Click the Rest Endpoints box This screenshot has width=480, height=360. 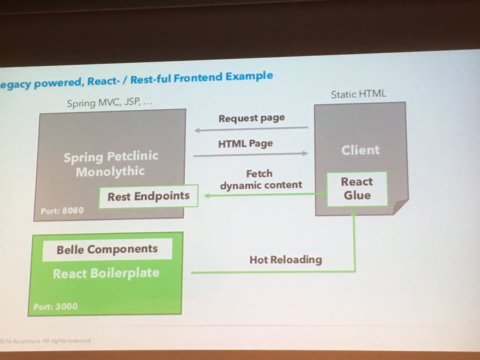148,196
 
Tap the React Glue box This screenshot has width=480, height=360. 357,189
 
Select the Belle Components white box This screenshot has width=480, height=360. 107,250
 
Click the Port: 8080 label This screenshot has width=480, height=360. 62,210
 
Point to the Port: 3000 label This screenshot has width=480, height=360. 56,307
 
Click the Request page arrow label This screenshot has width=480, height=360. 252,118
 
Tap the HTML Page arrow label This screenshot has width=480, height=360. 246,144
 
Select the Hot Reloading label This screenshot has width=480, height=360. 286,260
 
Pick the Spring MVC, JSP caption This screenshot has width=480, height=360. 110,103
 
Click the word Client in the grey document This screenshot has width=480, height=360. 360,150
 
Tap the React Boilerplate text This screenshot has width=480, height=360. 106,274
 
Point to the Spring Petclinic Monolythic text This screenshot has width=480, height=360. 110,164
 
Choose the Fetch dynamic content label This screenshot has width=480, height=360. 260,179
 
